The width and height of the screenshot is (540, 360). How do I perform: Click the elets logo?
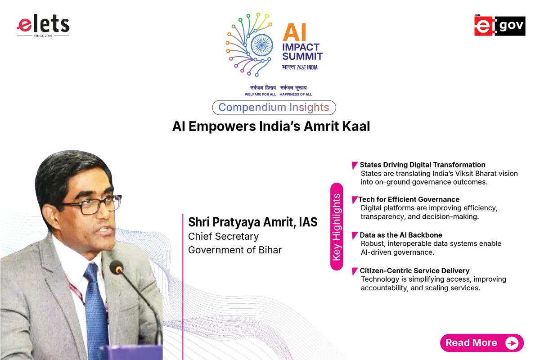coord(43,26)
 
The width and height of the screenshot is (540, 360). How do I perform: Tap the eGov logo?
coord(499,26)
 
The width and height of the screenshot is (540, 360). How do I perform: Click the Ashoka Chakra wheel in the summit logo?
coord(261,45)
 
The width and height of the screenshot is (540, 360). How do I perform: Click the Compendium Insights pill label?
coord(274,108)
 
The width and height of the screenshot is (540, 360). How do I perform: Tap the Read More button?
coord(481,343)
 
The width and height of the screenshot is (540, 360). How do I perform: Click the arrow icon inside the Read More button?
coord(512,343)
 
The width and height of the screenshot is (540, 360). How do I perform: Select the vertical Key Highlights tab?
coord(337,227)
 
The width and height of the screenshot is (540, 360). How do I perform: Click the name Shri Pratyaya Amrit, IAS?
coord(253,222)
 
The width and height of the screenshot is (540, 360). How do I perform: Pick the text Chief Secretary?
coord(224,236)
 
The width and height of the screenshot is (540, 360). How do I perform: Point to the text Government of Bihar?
coord(235,250)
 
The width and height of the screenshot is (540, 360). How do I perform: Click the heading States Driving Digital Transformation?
coord(423,165)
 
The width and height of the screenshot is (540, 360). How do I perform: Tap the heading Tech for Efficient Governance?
coord(409,199)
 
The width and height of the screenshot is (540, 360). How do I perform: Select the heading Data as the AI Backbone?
coord(401,235)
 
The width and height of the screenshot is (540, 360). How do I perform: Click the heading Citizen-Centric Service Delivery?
coord(414,270)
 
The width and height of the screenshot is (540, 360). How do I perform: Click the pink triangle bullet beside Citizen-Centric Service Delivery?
coord(355,271)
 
